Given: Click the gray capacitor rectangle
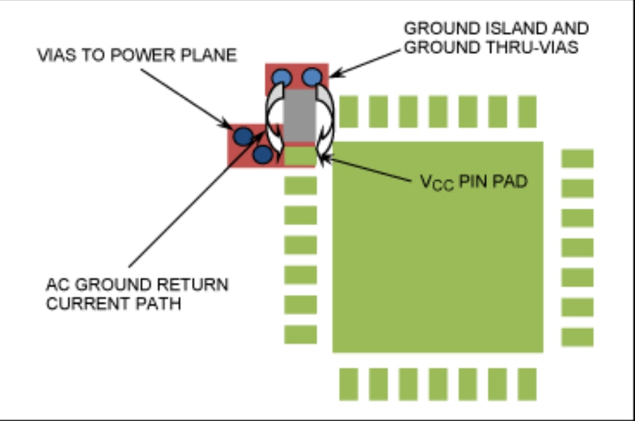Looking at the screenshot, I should (298, 116).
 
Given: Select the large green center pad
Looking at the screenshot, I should (438, 247).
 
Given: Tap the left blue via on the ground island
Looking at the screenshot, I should (281, 77).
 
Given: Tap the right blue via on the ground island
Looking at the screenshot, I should (311, 77).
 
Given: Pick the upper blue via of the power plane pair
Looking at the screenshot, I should (243, 136).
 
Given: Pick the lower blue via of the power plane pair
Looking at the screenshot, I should (263, 154).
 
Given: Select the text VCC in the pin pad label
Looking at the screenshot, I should (437, 183).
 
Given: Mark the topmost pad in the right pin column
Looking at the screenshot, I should (577, 159).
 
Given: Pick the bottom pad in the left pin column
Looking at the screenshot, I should (300, 334).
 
